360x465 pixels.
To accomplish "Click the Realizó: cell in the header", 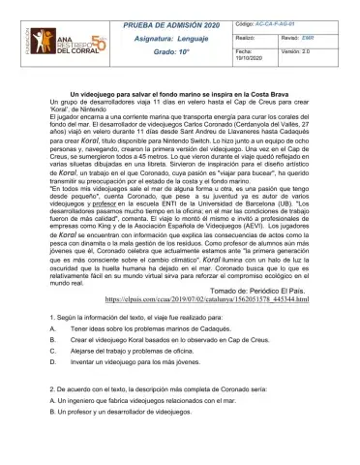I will (248, 33).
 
